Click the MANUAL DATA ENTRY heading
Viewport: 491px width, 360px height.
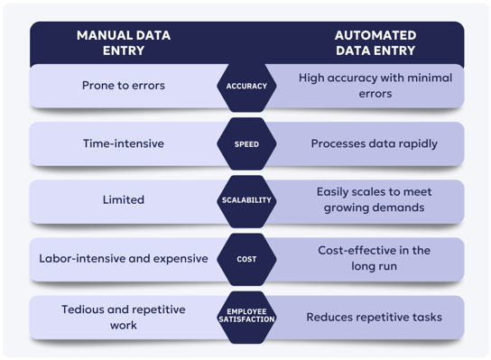[x=125, y=43]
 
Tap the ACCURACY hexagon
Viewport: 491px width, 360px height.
[x=245, y=86]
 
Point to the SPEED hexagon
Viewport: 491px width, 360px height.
[x=245, y=143]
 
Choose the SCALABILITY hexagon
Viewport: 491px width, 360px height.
[x=245, y=200]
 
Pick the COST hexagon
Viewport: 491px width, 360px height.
[x=245, y=258]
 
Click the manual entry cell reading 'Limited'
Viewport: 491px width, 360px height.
[x=125, y=200]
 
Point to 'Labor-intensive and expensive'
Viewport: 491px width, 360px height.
[x=124, y=258]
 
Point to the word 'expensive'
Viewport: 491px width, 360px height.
[x=178, y=258]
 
